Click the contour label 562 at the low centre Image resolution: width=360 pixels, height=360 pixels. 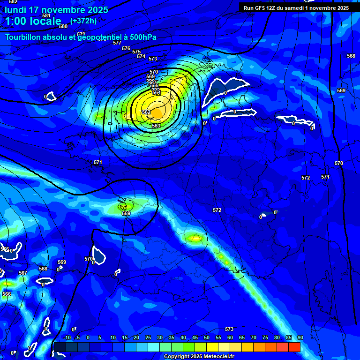tap(146, 112)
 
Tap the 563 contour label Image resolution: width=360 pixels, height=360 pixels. tap(156, 126)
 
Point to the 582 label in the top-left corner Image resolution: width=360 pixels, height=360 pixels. tap(13, 2)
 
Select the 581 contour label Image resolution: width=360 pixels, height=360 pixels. tap(46, 15)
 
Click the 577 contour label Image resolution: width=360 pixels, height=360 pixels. tap(117, 43)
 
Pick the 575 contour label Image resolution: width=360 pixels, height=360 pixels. tap(136, 52)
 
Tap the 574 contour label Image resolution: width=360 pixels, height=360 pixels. tap(141, 56)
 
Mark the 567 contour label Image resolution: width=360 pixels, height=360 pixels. tap(22, 273)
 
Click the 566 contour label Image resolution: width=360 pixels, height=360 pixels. tap(7, 294)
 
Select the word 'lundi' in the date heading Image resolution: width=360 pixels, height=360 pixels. tap(16, 10)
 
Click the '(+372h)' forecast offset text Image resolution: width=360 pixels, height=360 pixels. tap(83, 21)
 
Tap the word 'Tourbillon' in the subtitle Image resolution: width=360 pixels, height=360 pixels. tap(26, 37)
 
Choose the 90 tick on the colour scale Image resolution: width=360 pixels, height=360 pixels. tap(300, 338)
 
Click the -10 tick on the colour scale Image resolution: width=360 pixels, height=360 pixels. tap(67, 338)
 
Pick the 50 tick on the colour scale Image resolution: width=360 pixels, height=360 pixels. tap(207, 338)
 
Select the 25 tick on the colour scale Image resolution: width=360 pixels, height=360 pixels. tap(148, 338)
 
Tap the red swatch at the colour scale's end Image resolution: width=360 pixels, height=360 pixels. tap(294, 347)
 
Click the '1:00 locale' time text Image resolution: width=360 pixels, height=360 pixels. tap(33, 21)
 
